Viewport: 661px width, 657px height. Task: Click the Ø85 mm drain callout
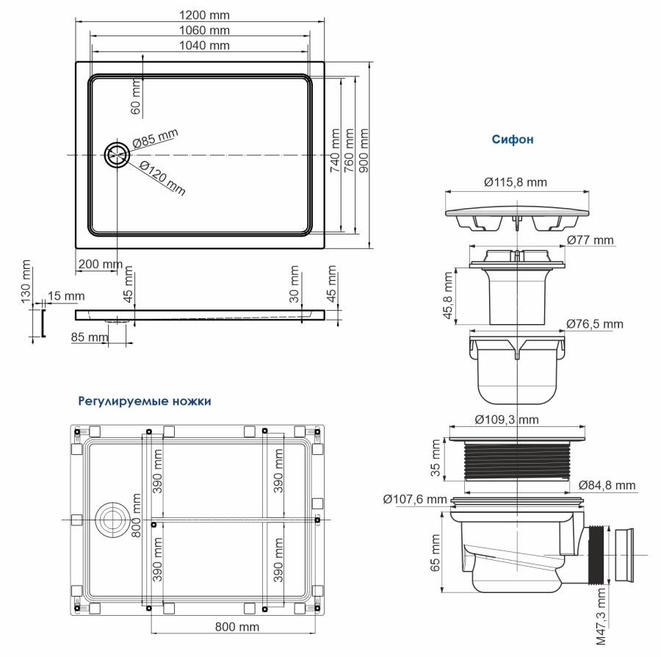(156, 138)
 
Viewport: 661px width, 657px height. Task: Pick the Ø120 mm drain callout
(162, 178)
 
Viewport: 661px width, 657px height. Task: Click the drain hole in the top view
(116, 155)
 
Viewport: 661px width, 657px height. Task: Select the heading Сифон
(513, 138)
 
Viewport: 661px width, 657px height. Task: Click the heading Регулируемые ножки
(145, 401)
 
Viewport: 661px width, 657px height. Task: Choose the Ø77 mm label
(590, 240)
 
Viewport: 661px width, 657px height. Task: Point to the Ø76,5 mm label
(594, 323)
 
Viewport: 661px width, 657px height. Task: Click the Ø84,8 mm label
(607, 486)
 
